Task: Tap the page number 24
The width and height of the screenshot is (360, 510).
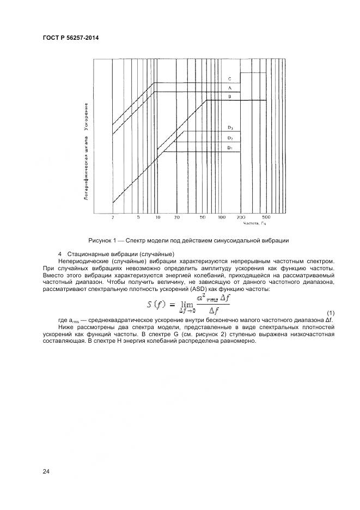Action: coord(46,472)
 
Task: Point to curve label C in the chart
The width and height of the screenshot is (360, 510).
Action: coord(230,79)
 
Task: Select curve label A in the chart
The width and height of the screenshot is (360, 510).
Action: coord(230,88)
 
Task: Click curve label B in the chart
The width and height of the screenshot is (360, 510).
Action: coord(230,96)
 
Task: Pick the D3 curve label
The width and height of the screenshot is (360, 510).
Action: coord(230,127)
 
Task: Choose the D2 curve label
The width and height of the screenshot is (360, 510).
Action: coord(230,138)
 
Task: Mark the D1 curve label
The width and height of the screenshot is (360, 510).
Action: coord(230,148)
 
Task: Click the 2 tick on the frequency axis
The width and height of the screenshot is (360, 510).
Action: coord(113,217)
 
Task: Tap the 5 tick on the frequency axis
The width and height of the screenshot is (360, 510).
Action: coord(138,217)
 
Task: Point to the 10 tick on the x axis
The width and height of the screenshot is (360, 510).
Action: coord(157,217)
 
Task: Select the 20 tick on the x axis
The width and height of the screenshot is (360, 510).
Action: coord(177,217)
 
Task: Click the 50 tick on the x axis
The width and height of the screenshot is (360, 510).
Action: coord(203,217)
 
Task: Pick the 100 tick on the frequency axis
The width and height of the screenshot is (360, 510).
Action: coord(222,217)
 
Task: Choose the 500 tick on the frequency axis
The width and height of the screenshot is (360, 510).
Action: coord(266,217)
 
